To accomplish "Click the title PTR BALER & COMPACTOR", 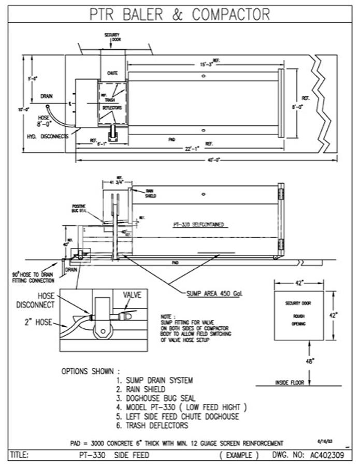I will point(180,13).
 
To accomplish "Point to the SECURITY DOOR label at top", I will point(113,37).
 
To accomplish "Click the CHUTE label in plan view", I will point(112,74).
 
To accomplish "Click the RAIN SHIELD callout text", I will point(150,194).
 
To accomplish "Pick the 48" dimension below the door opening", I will point(309,362).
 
